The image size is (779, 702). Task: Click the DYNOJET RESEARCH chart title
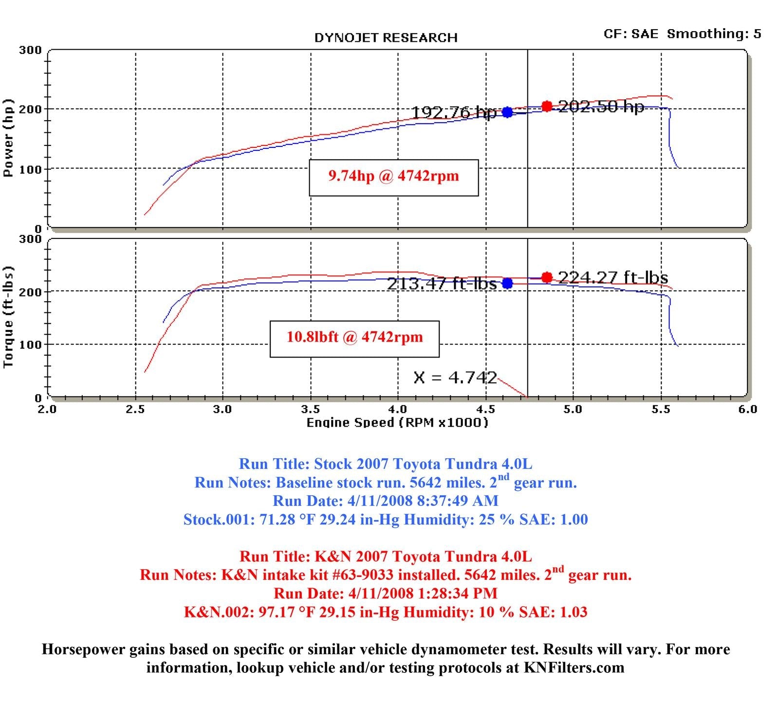(386, 38)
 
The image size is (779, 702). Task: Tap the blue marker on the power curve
(507, 112)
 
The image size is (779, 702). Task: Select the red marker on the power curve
(547, 106)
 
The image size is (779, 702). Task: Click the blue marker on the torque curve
(507, 283)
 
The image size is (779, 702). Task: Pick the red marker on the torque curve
(547, 277)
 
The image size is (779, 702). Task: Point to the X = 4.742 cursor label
(455, 378)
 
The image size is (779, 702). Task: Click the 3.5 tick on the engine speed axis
(310, 409)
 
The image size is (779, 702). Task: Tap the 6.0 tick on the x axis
(747, 409)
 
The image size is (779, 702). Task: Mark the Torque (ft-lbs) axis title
(8, 317)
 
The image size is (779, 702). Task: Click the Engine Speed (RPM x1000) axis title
(397, 422)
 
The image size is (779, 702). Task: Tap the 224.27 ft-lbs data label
(613, 277)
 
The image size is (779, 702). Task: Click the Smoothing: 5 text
(714, 34)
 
